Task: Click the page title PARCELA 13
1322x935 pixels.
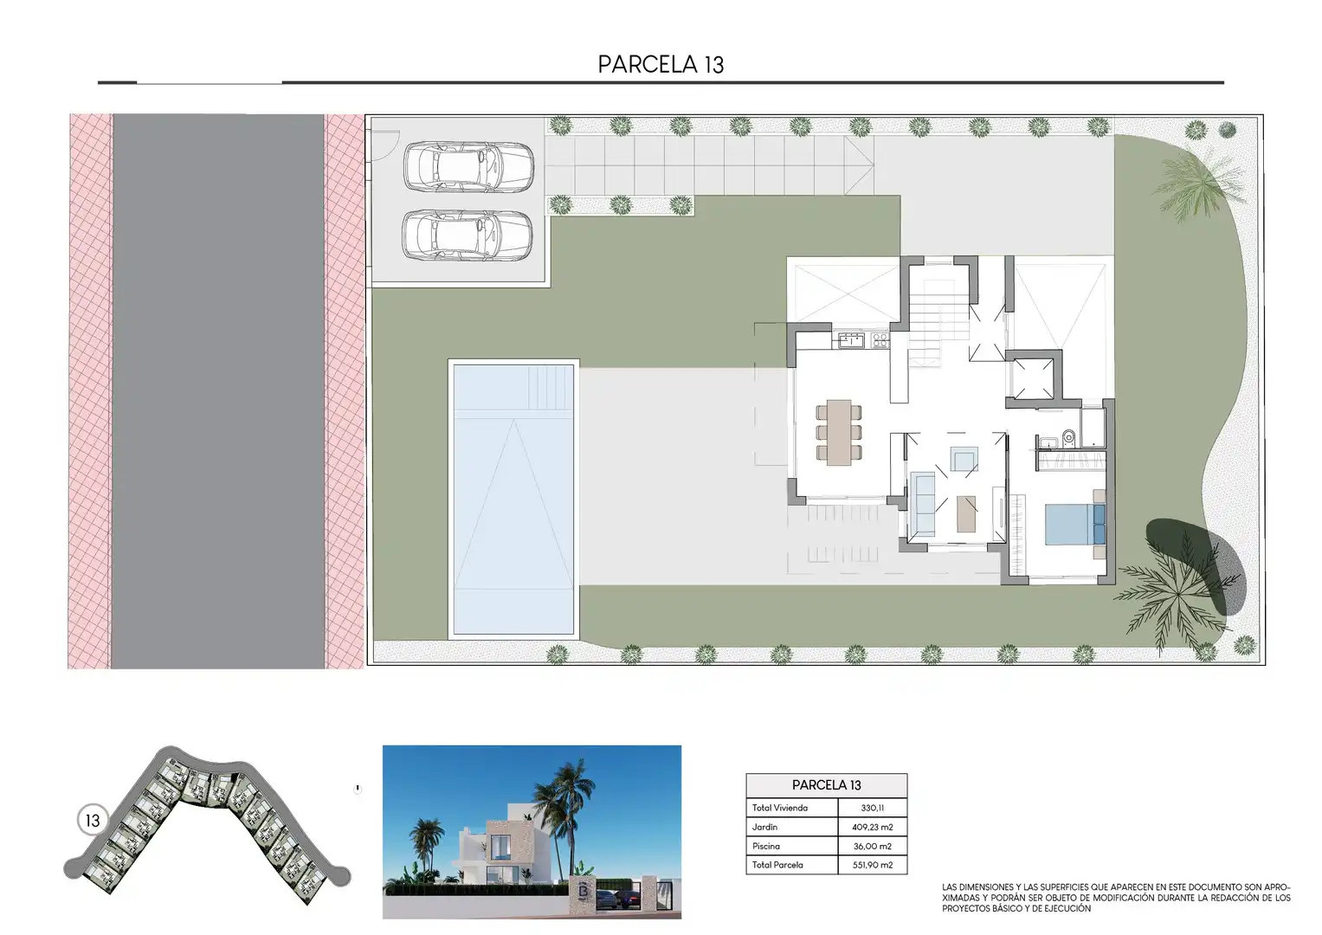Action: pyautogui.click(x=661, y=64)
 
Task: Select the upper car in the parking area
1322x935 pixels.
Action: pyautogui.click(x=468, y=167)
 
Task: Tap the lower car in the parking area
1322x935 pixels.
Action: pyautogui.click(x=468, y=235)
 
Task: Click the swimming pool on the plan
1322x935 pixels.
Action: pyautogui.click(x=513, y=500)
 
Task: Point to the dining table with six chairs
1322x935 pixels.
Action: pyautogui.click(x=839, y=433)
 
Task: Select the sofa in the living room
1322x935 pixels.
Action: pyautogui.click(x=922, y=504)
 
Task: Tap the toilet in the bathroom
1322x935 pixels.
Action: pyautogui.click(x=1069, y=438)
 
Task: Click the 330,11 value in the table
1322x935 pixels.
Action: pyautogui.click(x=873, y=808)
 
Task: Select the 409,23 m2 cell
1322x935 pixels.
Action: pyautogui.click(x=873, y=827)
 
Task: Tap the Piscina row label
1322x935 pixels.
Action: pyautogui.click(x=766, y=846)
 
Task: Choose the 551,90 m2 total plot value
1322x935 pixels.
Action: pyautogui.click(x=873, y=865)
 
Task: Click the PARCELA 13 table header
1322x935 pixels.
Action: pyautogui.click(x=826, y=785)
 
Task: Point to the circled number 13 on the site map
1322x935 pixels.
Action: pyautogui.click(x=93, y=821)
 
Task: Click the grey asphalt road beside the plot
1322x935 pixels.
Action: pyautogui.click(x=218, y=390)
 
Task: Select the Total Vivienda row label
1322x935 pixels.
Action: pyautogui.click(x=780, y=808)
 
